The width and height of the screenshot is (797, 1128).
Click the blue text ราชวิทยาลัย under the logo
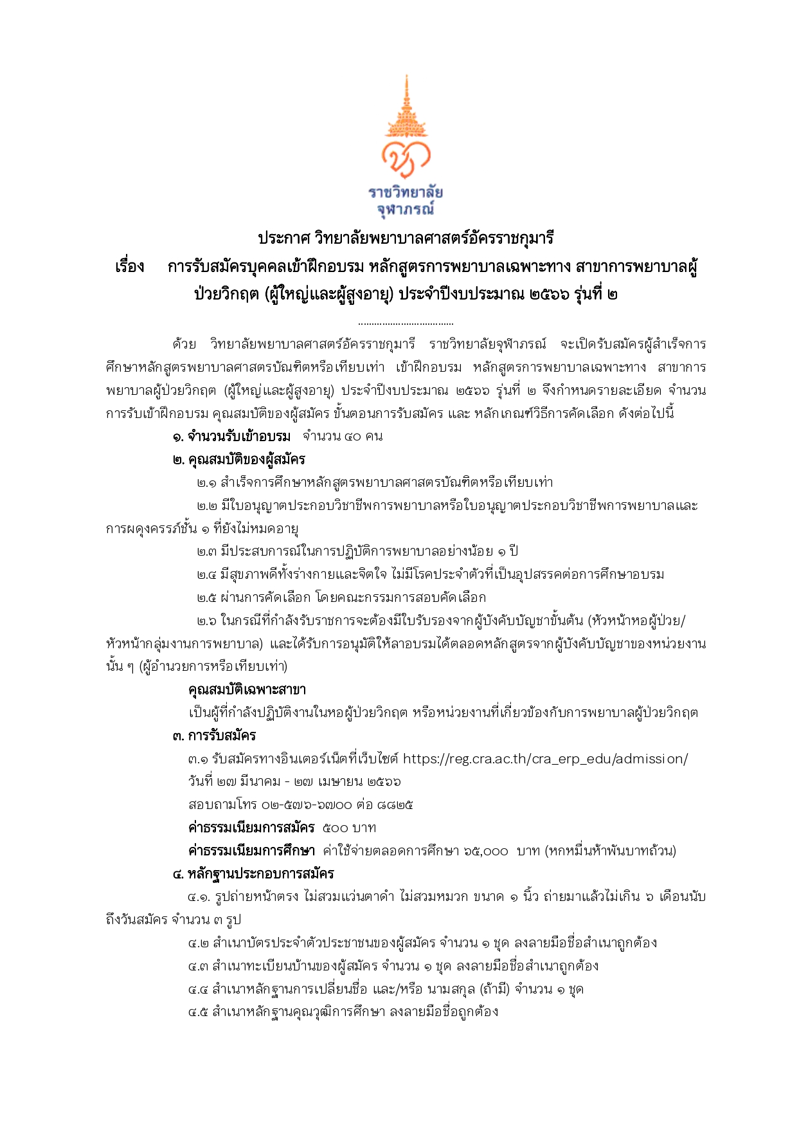point(406,192)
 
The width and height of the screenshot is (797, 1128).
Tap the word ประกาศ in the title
point(283,239)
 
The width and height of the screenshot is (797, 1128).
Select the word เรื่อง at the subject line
point(130,267)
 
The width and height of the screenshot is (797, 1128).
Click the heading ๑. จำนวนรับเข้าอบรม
point(231,437)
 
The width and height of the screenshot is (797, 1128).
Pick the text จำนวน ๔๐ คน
point(343,437)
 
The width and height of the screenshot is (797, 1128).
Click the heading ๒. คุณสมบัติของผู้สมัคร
point(239,460)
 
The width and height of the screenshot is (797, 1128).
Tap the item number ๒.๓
point(206,551)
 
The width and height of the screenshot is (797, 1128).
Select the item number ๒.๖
point(206,621)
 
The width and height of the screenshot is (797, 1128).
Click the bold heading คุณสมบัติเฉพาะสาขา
point(247,689)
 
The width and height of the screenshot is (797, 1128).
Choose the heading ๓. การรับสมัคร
point(214,736)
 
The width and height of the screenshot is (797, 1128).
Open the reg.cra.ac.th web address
point(545,759)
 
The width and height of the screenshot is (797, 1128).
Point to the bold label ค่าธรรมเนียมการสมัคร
point(251,828)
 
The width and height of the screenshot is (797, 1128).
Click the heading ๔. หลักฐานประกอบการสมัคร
point(253,874)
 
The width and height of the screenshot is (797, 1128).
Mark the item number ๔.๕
point(198,1012)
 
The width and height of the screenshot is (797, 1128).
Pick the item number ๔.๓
point(198,966)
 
